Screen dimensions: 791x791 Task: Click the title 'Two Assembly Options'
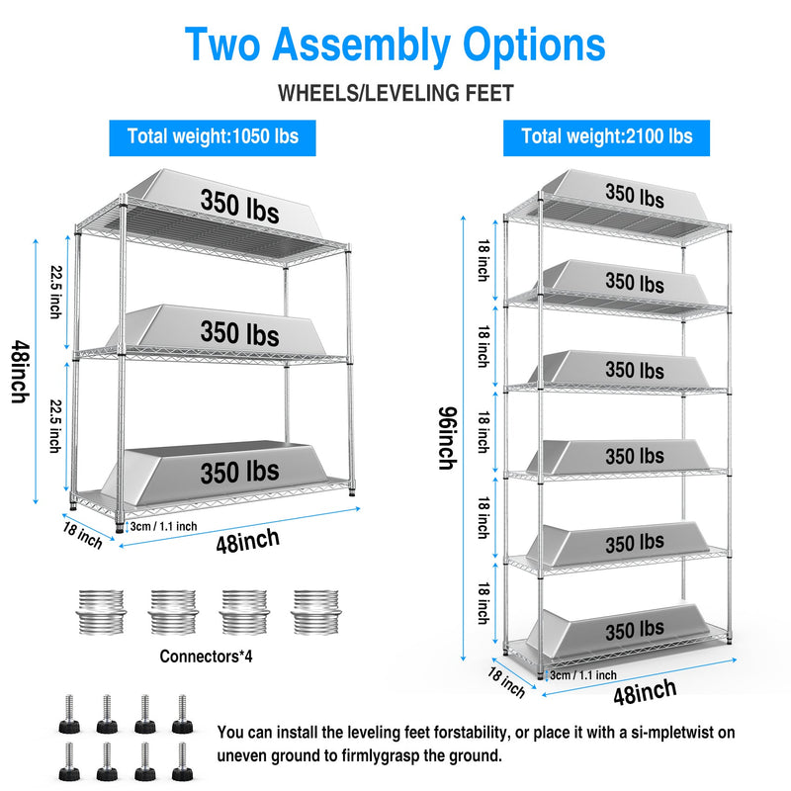(x=395, y=45)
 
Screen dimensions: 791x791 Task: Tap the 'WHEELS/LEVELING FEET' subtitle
(x=395, y=94)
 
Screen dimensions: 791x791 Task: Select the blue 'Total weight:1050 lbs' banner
(x=213, y=136)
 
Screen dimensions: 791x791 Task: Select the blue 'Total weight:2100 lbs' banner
(x=607, y=136)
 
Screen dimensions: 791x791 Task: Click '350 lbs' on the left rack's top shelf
(x=239, y=206)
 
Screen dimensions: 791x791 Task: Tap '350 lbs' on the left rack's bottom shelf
(x=239, y=472)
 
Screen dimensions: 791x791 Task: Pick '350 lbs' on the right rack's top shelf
(x=635, y=196)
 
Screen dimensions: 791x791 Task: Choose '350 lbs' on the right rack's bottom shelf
(x=635, y=629)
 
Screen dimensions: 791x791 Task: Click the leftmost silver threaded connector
(x=99, y=613)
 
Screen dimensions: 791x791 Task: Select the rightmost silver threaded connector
(x=314, y=613)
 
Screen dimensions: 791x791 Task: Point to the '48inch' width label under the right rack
(x=645, y=691)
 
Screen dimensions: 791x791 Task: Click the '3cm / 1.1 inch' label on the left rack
(x=163, y=525)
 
